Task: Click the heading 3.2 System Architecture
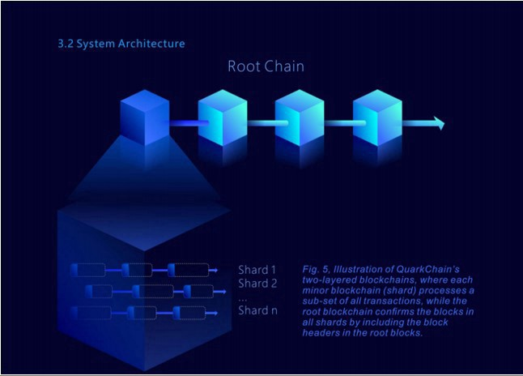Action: (x=121, y=44)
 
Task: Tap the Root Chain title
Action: (x=266, y=66)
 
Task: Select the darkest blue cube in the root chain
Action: (x=144, y=117)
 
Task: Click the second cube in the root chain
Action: (x=223, y=117)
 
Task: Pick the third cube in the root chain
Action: (x=300, y=117)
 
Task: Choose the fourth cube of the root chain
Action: (x=377, y=117)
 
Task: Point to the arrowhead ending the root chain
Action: (x=440, y=123)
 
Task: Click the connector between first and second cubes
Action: (x=184, y=123)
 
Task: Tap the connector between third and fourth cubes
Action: (x=338, y=123)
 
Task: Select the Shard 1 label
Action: (x=257, y=270)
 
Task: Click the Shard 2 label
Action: (x=257, y=283)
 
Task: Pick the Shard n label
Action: (x=257, y=310)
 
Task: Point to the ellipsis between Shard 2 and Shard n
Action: (x=243, y=300)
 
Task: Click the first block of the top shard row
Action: (x=88, y=270)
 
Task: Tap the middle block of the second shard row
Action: (x=153, y=292)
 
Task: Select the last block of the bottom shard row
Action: (x=189, y=313)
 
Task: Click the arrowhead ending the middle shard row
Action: (x=223, y=292)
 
